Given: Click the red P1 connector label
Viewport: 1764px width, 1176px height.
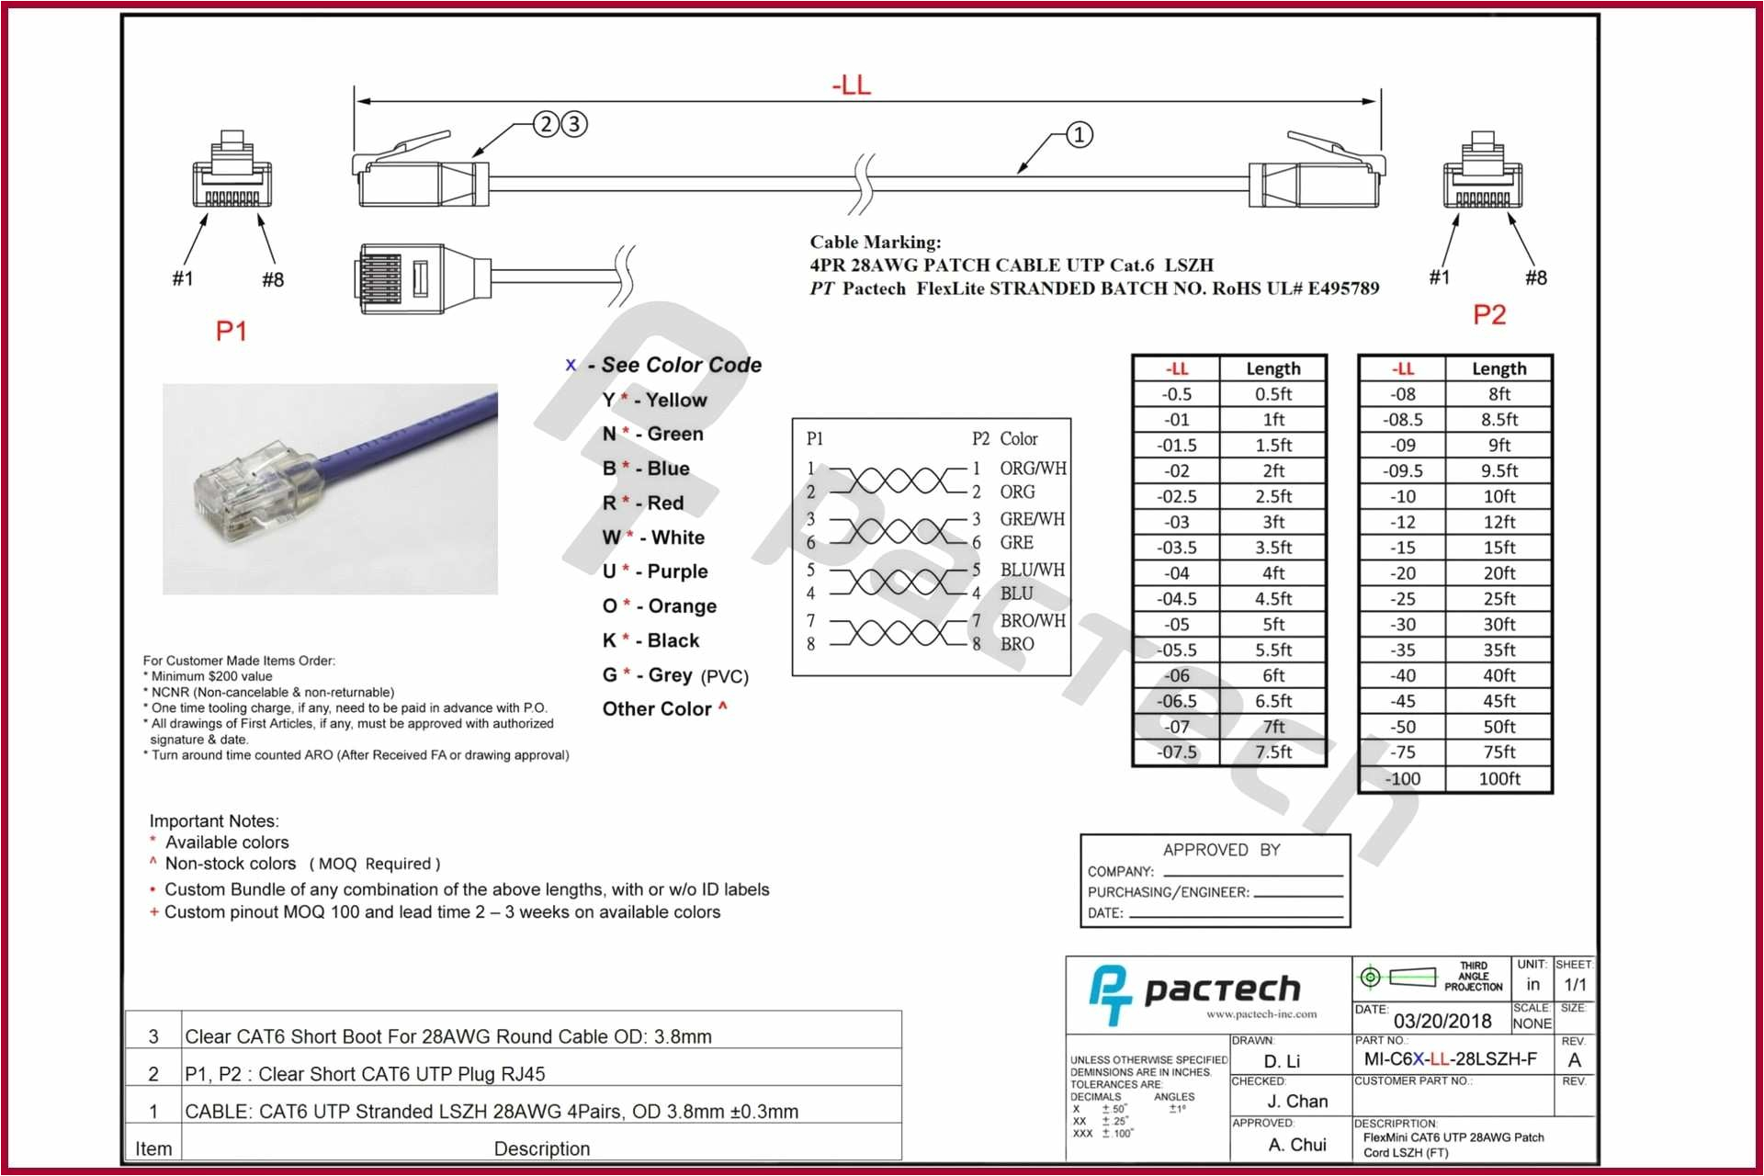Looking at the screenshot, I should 231,331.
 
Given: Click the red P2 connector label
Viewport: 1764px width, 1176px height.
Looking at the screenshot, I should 1488,315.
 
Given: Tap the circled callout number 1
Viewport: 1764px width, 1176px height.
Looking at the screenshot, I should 1079,135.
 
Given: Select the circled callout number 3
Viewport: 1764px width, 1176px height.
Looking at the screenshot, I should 574,124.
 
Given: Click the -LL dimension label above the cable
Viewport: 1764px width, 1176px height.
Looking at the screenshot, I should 851,85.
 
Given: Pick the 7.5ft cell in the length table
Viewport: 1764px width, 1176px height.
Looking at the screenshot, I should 1272,752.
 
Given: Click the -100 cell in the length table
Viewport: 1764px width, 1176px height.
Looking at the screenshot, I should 1402,779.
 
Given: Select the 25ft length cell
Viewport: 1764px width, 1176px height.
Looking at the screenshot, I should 1498,599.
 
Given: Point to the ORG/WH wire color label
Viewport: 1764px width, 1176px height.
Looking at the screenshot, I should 1033,469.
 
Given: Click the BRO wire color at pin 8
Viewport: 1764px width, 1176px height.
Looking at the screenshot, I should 1017,644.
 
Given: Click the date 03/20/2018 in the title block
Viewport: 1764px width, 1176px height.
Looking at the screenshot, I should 1442,1021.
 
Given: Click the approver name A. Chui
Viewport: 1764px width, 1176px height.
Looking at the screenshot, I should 1296,1145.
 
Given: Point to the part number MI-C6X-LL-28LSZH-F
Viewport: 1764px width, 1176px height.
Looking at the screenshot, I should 1450,1059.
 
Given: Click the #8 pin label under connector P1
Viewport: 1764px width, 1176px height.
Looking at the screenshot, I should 273,279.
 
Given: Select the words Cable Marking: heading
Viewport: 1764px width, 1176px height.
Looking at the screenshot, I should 875,243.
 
